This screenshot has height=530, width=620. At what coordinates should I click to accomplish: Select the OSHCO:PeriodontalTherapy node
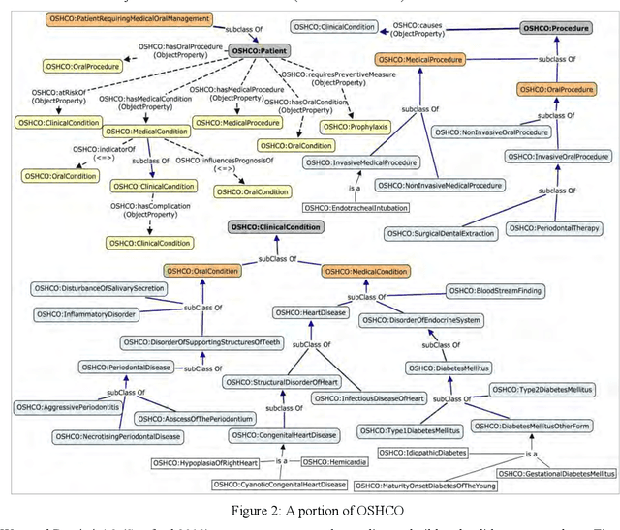(x=559, y=229)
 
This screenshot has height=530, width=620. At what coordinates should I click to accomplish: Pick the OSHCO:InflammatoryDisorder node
(x=84, y=314)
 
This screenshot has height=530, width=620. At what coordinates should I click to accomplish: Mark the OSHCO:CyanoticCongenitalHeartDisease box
(x=279, y=484)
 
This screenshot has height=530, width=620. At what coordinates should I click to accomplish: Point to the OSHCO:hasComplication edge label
(x=151, y=210)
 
